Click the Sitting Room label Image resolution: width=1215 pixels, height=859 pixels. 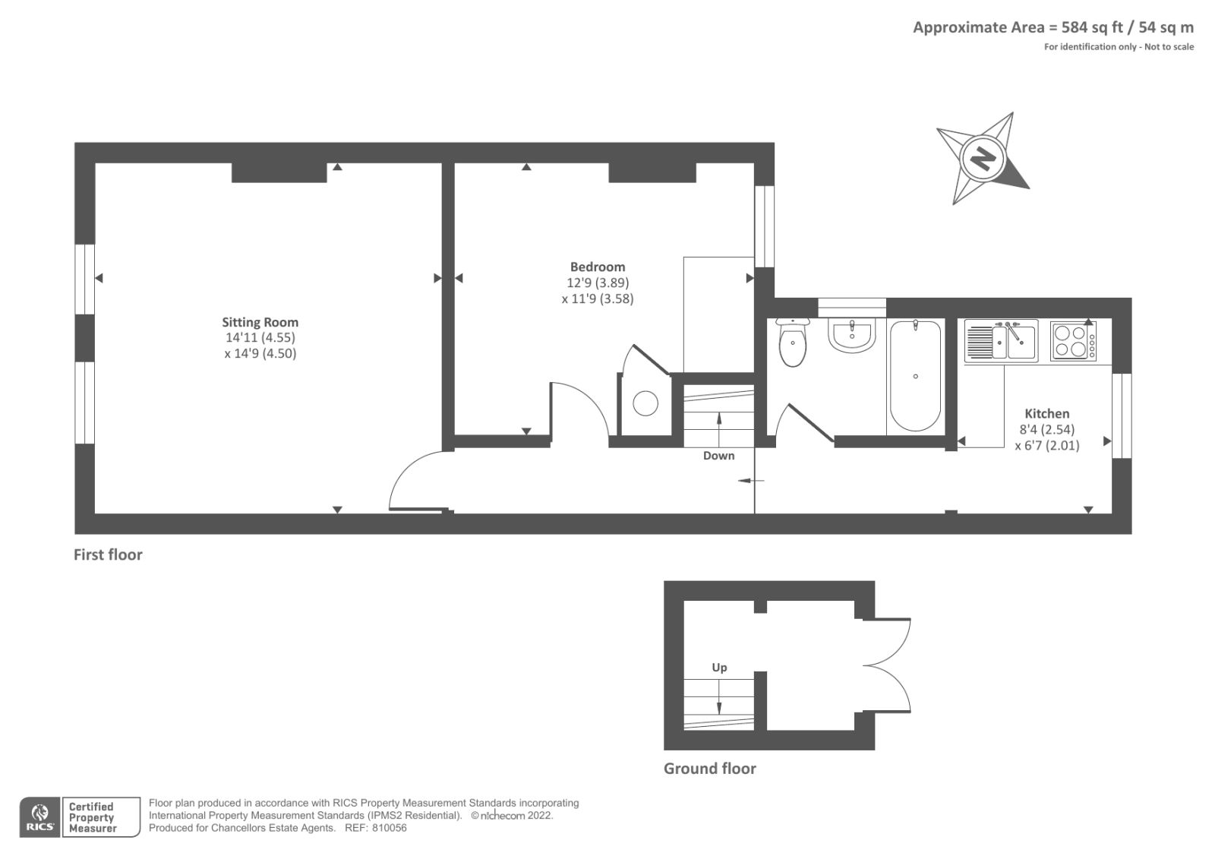click(260, 322)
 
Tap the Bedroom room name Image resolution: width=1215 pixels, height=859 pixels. click(597, 267)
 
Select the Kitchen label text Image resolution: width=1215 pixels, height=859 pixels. click(1047, 413)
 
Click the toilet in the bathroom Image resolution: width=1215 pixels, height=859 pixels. click(793, 342)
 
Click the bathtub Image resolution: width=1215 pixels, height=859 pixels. click(916, 375)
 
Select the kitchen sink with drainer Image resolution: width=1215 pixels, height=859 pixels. click(1002, 341)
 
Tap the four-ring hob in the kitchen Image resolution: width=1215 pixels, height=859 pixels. click(1074, 341)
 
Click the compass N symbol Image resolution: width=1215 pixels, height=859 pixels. click(983, 159)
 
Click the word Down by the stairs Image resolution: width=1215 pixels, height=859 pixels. click(718, 456)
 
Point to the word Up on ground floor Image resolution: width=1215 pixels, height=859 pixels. click(719, 668)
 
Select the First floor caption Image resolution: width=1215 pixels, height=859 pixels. click(108, 554)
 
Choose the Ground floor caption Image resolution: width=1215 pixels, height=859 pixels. click(709, 769)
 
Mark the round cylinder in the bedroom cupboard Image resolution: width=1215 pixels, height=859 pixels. click(645, 404)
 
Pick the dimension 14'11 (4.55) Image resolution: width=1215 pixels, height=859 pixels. click(260, 337)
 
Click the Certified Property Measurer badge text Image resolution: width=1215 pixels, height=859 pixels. click(92, 817)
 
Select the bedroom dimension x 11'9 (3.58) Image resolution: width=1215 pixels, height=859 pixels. click(597, 298)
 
